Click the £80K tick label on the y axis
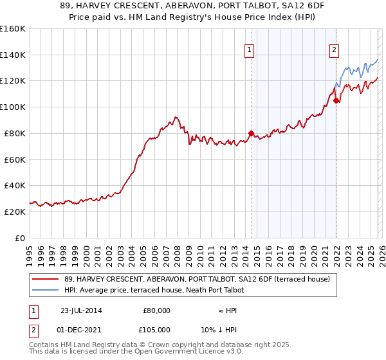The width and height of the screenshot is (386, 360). (13, 133)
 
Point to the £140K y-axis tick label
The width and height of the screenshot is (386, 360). (13, 55)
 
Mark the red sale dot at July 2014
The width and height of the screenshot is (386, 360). (251, 133)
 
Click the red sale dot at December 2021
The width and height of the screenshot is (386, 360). (336, 100)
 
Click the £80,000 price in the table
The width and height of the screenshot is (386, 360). (156, 310)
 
